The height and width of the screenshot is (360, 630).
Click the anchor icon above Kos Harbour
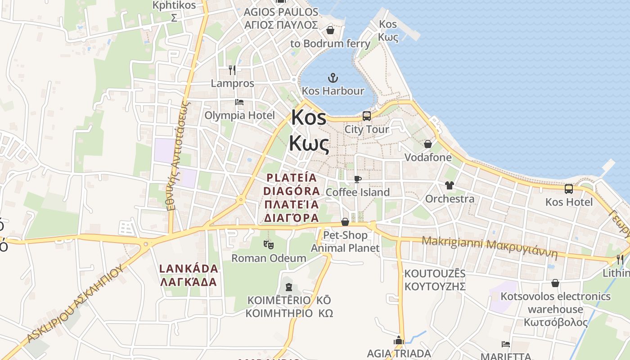pos(333,78)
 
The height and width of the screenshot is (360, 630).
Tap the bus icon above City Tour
pos(367,116)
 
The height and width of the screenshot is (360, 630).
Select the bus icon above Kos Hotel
pos(569,189)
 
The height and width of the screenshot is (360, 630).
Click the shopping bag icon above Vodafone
pos(427,144)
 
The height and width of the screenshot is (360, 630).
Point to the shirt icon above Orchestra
pos(449,185)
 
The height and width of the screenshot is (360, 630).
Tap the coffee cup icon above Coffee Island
pos(357,179)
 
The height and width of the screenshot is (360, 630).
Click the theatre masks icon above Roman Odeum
pos(269,245)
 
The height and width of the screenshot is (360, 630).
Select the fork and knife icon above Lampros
pos(232,70)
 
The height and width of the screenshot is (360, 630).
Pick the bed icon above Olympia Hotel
pos(239,102)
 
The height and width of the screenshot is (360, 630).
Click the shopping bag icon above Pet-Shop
pos(345,221)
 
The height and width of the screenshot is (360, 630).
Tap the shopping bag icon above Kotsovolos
pos(555,283)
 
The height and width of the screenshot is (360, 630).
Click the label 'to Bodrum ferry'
pos(330,44)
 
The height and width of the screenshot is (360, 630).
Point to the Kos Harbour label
pos(333,91)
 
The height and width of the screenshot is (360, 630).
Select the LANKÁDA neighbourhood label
pos(189,269)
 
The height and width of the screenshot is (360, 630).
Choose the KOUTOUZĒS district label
pos(435,274)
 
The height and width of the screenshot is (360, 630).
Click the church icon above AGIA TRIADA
pos(399,340)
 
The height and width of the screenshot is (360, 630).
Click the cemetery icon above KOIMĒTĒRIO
pos(289,287)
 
